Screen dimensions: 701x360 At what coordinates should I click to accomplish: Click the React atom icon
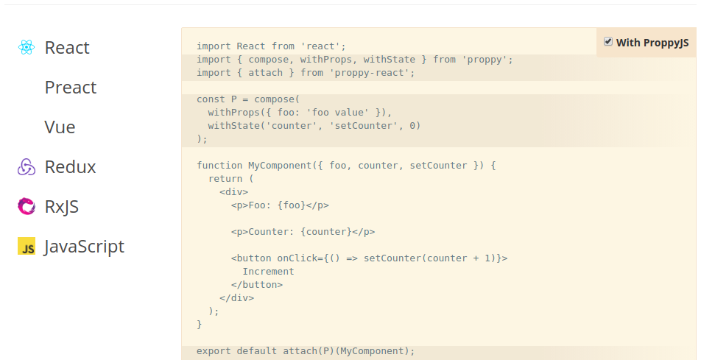tap(27, 47)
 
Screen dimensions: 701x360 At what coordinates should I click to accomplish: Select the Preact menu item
tap(71, 87)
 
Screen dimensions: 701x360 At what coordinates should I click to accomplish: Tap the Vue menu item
tap(60, 127)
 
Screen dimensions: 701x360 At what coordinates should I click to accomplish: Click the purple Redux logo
tap(27, 167)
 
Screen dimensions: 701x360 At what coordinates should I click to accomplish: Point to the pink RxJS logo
tap(27, 207)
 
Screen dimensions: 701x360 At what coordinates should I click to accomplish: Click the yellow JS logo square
tap(27, 246)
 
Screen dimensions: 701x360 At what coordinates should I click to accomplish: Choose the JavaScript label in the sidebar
tap(84, 247)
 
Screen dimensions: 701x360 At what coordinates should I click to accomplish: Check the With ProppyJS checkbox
tap(608, 41)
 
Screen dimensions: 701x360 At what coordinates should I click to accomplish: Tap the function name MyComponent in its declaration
tap(277, 166)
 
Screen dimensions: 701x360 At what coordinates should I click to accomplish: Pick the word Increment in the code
tap(268, 272)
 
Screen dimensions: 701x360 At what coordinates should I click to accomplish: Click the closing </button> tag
tap(257, 284)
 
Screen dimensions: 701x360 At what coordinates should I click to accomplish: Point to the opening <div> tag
tap(234, 192)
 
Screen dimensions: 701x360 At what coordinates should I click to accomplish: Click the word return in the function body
tap(225, 179)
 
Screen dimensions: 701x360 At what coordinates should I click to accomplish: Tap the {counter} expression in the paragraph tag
tap(326, 232)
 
